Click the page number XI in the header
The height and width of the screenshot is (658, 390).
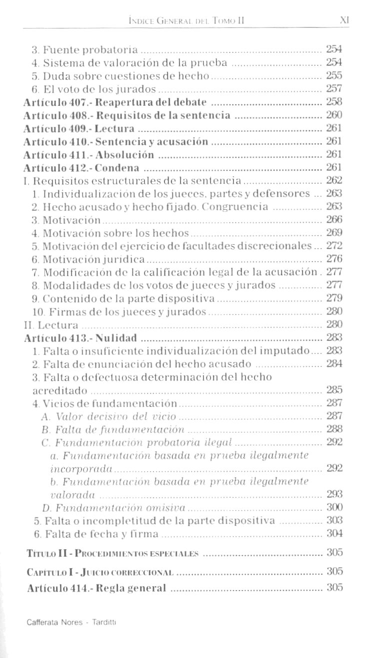point(343,20)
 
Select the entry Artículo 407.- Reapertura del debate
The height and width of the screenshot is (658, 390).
point(115,102)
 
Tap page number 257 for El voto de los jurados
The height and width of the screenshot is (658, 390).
point(333,89)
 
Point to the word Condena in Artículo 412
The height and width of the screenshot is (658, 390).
point(118,167)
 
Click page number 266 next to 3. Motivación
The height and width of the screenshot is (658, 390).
point(333,220)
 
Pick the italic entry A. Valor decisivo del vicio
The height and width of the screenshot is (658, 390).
point(109,416)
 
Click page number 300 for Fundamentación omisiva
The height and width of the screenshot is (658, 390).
point(333,507)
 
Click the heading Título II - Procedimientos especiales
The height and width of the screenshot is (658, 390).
point(112,553)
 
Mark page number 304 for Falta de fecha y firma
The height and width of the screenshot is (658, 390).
point(333,534)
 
